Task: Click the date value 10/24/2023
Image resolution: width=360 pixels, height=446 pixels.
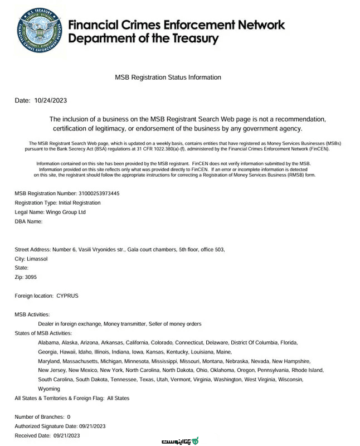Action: point(51,100)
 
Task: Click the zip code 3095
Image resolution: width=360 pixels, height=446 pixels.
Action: point(31,277)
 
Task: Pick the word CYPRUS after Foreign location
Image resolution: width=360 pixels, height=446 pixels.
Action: point(67,295)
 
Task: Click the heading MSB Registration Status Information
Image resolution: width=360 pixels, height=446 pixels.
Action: point(168,77)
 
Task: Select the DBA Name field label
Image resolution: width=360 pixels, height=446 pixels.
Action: point(28,221)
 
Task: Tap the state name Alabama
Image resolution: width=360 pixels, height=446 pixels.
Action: point(48,342)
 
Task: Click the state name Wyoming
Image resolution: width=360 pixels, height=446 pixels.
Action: point(49,389)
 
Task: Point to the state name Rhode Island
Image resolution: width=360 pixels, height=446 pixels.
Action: point(308,370)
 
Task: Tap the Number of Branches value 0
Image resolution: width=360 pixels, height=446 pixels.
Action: point(69,416)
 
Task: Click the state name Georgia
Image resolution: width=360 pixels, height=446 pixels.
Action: point(48,352)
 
